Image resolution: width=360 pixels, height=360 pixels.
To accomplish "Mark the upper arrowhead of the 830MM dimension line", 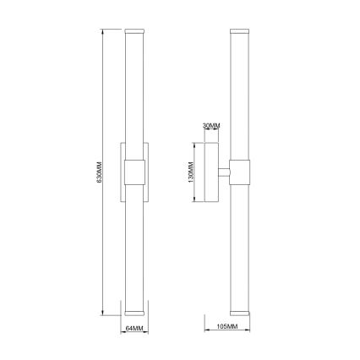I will click(102, 31).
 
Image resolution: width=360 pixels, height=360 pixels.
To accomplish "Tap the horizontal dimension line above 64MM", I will click(134, 319).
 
